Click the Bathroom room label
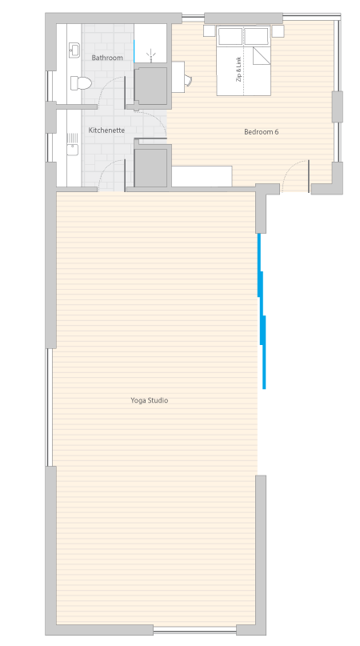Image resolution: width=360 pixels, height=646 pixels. pyautogui.click(x=107, y=58)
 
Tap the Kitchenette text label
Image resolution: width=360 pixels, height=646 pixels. pyautogui.click(x=106, y=130)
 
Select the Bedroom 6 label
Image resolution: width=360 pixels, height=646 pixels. pyautogui.click(x=261, y=132)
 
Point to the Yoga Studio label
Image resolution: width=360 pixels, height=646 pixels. pyautogui.click(x=149, y=400)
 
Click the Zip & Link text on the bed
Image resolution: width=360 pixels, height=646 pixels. pyautogui.click(x=239, y=69)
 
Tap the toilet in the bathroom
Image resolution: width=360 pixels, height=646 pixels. pyautogui.click(x=80, y=82)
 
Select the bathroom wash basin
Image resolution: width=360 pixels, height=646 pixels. pyautogui.click(x=74, y=50)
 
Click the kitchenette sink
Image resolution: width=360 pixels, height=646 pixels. pyautogui.click(x=73, y=144)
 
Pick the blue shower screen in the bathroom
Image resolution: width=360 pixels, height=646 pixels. pyautogui.click(x=134, y=51)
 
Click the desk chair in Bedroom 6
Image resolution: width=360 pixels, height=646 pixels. pyautogui.click(x=188, y=80)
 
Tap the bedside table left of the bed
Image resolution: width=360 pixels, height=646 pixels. pyautogui.click(x=210, y=31)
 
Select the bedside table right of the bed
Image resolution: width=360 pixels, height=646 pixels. pyautogui.click(x=278, y=31)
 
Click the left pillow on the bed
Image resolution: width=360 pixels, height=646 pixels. pyautogui.click(x=230, y=36)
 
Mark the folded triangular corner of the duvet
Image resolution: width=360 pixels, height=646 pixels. pyautogui.click(x=262, y=55)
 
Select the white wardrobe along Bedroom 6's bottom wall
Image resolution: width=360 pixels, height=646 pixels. pyautogui.click(x=202, y=176)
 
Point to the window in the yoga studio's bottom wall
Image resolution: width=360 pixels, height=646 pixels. pyautogui.click(x=195, y=630)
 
